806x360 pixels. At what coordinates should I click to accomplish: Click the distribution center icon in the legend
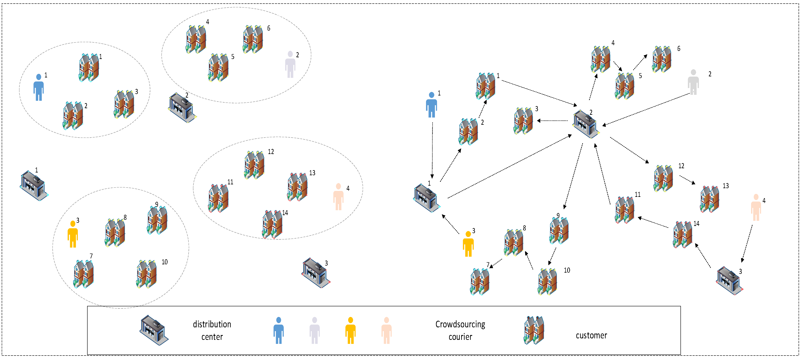(x=154, y=330)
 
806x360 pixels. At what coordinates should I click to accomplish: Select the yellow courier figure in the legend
(x=351, y=331)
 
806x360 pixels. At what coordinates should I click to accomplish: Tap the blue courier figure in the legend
(x=278, y=331)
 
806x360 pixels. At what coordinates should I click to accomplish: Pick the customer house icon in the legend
(x=534, y=330)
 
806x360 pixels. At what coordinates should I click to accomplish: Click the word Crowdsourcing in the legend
(x=460, y=325)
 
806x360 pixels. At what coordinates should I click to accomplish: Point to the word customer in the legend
(x=591, y=336)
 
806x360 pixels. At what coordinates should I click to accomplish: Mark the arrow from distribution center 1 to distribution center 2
(x=510, y=166)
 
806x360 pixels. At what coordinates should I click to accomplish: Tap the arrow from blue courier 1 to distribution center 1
(x=432, y=150)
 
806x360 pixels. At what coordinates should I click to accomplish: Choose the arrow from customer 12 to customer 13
(x=687, y=180)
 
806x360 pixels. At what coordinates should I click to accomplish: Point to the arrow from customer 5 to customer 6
(x=640, y=62)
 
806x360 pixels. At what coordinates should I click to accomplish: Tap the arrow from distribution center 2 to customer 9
(x=573, y=176)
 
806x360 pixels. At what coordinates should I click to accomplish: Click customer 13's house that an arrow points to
(x=710, y=199)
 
